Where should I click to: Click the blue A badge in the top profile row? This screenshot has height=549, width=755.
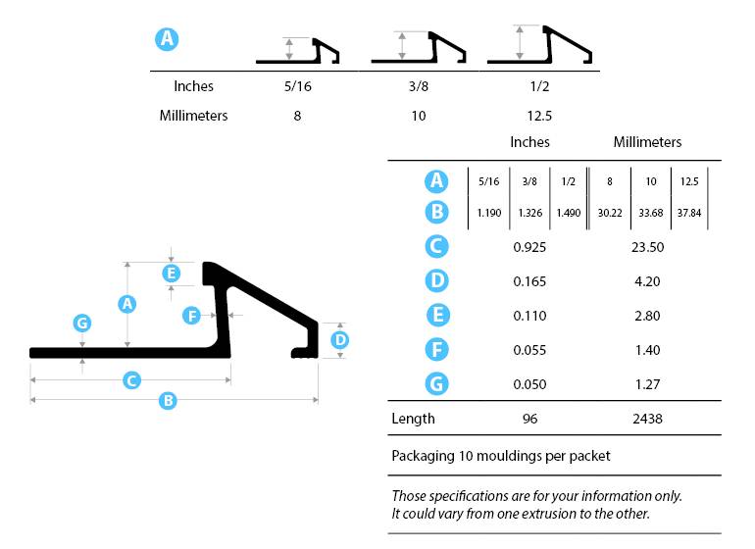click(168, 39)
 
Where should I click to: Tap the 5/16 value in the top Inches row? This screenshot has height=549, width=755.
click(297, 86)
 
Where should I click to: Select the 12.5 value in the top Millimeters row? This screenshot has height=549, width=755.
click(538, 116)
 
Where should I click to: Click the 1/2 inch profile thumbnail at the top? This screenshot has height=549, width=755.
click(542, 46)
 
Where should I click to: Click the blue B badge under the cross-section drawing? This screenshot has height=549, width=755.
click(168, 400)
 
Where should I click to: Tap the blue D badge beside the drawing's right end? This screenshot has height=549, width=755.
click(339, 340)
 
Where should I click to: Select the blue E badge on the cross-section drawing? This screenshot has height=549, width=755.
click(172, 273)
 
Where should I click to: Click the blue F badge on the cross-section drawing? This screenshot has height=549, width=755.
click(192, 315)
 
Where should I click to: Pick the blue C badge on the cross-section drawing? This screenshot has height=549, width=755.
click(131, 379)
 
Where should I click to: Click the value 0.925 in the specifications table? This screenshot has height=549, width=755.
click(529, 247)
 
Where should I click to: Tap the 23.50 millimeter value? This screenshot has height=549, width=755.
click(647, 247)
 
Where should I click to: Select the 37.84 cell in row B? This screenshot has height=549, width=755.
click(686, 213)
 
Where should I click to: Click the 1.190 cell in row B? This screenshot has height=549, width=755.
click(488, 213)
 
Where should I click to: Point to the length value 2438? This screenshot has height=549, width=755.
click(647, 419)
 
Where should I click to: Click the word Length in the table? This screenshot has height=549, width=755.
click(413, 419)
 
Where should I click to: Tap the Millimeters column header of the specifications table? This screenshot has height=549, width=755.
click(647, 142)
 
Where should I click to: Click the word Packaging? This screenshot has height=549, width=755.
click(422, 456)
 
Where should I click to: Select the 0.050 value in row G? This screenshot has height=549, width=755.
click(529, 384)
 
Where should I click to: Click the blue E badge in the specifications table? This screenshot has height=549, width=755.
click(437, 316)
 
